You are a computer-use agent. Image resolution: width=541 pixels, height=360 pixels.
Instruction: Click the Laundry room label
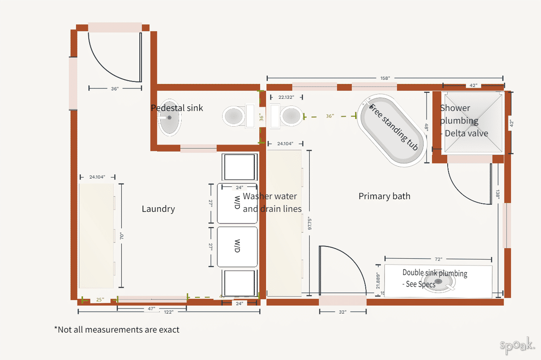coord(158,209)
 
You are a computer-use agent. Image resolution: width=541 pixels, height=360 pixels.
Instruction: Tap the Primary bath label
coord(384,196)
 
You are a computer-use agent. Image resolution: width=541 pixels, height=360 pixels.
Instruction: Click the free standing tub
coord(394,129)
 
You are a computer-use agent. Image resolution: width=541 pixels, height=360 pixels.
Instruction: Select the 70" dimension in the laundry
coord(121,236)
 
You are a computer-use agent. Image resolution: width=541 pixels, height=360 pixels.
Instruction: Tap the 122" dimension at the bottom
coord(169,311)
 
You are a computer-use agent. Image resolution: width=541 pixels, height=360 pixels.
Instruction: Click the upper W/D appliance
coord(237,203)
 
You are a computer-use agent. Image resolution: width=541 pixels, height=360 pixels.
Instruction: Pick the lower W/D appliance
coord(237,247)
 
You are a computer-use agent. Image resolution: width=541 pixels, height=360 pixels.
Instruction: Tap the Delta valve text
coord(466,133)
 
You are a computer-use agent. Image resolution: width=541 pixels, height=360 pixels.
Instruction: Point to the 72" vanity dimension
coord(438,259)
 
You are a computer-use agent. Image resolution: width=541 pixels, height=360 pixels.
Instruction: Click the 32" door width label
coord(343,311)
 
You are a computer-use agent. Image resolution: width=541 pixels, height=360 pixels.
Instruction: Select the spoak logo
coord(518,346)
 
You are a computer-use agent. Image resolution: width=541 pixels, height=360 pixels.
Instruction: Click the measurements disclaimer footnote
coord(117,330)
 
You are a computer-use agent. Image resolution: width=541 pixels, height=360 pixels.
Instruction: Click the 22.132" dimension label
coord(286,97)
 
